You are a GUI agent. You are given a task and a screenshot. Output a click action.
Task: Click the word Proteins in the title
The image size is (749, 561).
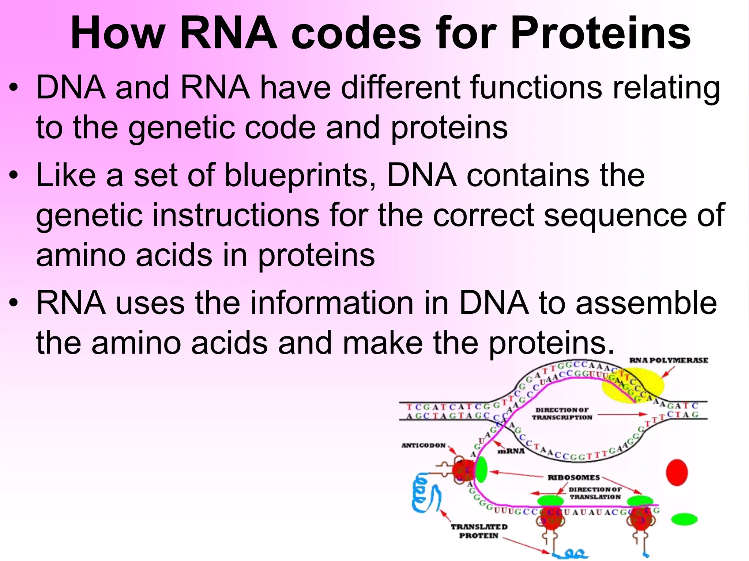coord(600,34)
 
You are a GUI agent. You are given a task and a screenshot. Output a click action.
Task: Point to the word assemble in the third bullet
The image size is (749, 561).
coord(646,303)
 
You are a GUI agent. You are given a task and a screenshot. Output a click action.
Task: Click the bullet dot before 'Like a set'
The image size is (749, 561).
coord(14,176)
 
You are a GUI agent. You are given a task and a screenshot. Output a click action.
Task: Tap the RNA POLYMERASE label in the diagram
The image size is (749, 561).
coord(669,360)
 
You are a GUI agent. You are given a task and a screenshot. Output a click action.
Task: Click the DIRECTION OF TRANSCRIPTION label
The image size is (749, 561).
coord(562,414)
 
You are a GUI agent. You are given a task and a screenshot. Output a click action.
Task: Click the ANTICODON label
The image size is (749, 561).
coord(424,446)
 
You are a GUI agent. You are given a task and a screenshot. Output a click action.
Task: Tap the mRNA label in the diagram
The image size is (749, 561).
coord(511,451)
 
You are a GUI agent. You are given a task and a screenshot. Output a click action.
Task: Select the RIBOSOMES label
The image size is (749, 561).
coord(573,477)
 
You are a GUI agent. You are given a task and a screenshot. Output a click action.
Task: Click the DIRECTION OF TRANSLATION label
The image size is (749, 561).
coord(595,493)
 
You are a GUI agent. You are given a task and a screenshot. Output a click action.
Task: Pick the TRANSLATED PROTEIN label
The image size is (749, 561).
coord(479,531)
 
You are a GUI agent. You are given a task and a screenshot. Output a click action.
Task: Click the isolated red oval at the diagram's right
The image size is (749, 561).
coord(677,473)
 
